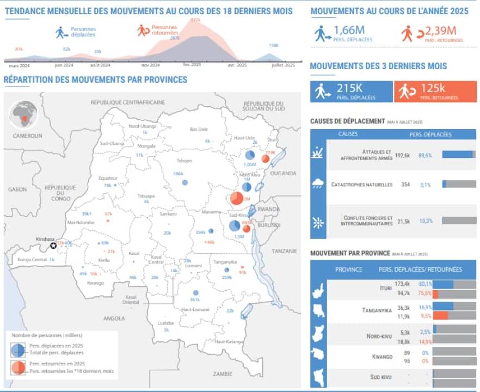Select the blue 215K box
point(351,91)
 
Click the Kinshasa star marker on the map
point(53,246)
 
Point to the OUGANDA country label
point(283,174)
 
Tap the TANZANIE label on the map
point(285,251)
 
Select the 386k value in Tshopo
point(177,174)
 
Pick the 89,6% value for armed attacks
point(425,155)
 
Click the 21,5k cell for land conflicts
point(403,220)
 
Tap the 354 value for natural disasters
point(404,185)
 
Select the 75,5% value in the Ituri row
point(424,292)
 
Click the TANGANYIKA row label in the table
point(377,311)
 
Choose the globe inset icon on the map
point(23,114)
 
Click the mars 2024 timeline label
point(19,65)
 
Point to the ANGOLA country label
point(114,318)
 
